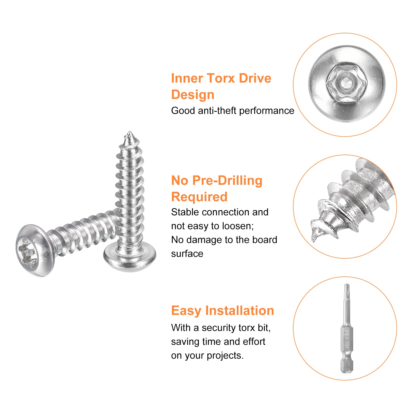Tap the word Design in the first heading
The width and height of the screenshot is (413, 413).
click(193, 95)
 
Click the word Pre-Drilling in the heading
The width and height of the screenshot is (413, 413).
click(227, 180)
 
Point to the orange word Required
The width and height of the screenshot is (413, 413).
click(199, 197)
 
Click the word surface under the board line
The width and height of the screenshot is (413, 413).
click(187, 254)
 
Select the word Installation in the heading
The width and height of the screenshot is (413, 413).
click(240, 311)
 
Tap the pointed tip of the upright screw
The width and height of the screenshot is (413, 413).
click(129, 133)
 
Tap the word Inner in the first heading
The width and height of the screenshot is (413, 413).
click(187, 78)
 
